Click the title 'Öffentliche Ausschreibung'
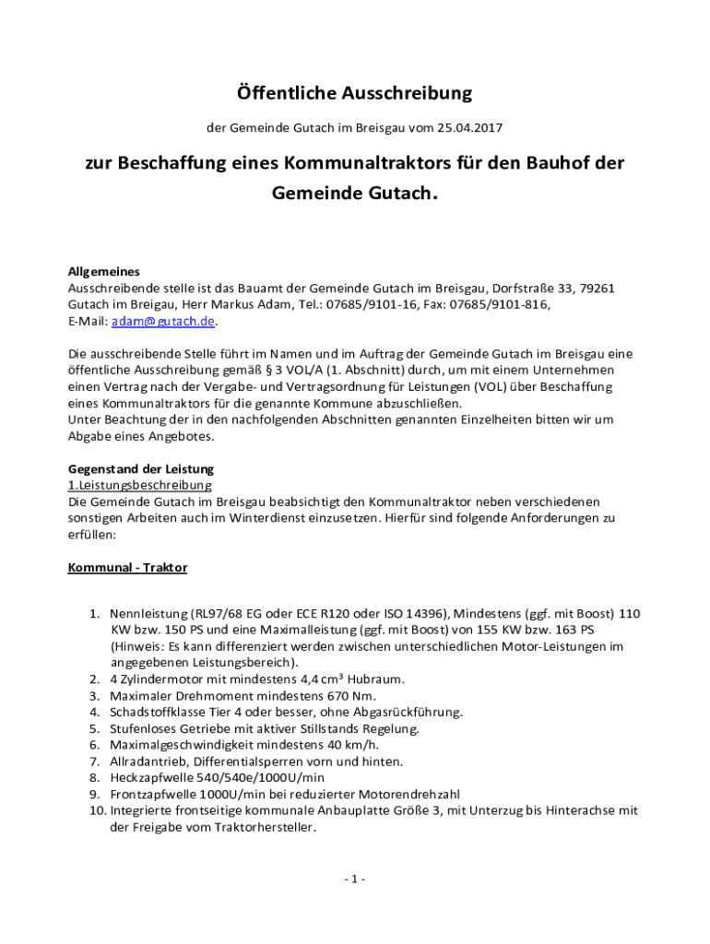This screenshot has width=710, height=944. (x=354, y=93)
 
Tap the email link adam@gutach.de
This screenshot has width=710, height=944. (x=163, y=322)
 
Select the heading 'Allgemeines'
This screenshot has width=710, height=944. (x=104, y=272)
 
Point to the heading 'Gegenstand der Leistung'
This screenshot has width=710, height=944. (x=140, y=469)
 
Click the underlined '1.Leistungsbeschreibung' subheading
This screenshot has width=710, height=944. (x=140, y=485)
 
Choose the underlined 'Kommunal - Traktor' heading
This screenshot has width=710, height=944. (x=127, y=568)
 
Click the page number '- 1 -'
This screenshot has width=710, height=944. (x=354, y=879)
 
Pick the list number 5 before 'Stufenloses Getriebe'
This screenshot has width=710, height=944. (x=94, y=729)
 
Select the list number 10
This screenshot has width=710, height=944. (x=97, y=811)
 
